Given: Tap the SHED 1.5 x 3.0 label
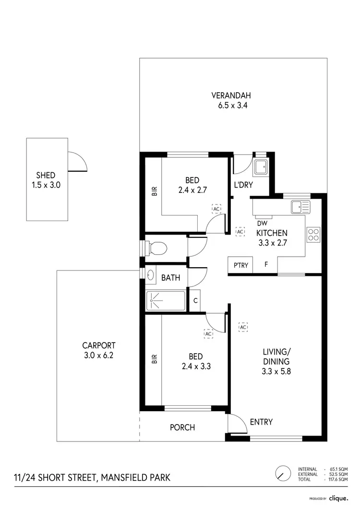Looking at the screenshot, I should (x=46, y=180).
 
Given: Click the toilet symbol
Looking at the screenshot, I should (x=156, y=248).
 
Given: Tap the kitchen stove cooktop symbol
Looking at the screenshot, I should (x=313, y=234).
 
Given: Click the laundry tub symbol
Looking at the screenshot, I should (x=262, y=167).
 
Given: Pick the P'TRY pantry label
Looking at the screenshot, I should (x=241, y=265).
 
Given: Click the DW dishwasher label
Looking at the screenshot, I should (x=262, y=223).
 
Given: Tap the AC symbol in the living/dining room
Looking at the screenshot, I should (x=243, y=327).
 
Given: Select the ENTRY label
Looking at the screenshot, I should (x=261, y=422).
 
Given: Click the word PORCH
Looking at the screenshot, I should (x=182, y=427).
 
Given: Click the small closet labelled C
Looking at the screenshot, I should (x=195, y=301).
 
